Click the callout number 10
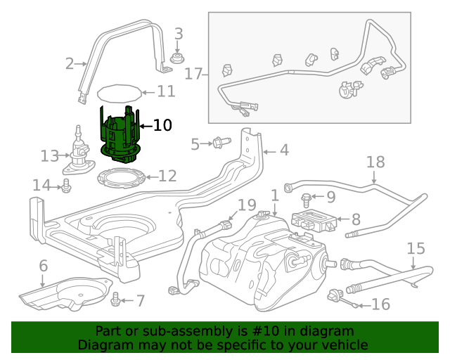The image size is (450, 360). pos(162,126)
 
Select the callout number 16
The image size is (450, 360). pos(380,304)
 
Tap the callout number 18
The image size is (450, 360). pos(376,162)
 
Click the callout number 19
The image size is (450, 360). pos(246,205)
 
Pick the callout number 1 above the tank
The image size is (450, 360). pos(274,195)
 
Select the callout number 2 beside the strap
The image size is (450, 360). pos(70,64)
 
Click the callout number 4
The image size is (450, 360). pos(283,150)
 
